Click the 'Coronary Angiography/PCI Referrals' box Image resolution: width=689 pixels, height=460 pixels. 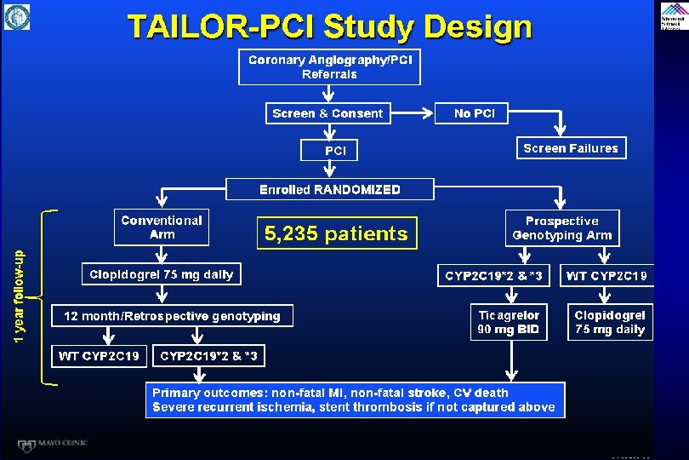pyautogui.click(x=329, y=66)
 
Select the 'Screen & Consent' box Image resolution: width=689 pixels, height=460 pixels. pyautogui.click(x=327, y=113)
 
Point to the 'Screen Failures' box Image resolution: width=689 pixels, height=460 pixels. pyautogui.click(x=571, y=148)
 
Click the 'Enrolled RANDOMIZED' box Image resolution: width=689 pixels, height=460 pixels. pyautogui.click(x=329, y=189)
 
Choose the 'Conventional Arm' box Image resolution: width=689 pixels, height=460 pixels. pyautogui.click(x=162, y=227)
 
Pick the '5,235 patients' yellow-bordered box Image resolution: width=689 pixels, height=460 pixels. pyautogui.click(x=336, y=233)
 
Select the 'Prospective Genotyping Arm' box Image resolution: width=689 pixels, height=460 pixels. pyautogui.click(x=561, y=227)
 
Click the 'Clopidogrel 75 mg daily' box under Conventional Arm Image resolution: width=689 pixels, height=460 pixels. pyautogui.click(x=162, y=274)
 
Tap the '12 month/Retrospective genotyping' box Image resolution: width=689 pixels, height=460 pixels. pyautogui.click(x=173, y=316)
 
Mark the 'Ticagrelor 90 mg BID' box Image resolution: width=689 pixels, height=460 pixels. pyautogui.click(x=509, y=322)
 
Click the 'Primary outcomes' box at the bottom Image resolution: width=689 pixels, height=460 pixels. pyautogui.click(x=353, y=400)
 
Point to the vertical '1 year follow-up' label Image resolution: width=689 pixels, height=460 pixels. pyautogui.click(x=20, y=296)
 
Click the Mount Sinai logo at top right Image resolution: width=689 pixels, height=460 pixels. pyautogui.click(x=673, y=16)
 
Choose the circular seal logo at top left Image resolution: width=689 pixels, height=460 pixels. pyautogui.click(x=17, y=16)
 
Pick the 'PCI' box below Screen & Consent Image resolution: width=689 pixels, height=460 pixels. pyautogui.click(x=336, y=150)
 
